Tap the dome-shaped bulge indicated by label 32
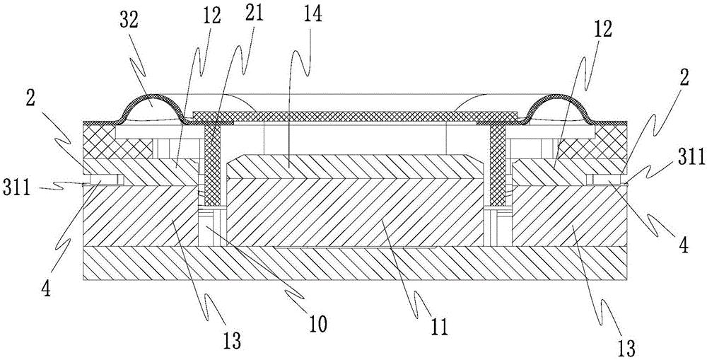click(151, 107)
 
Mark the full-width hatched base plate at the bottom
click(353, 265)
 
